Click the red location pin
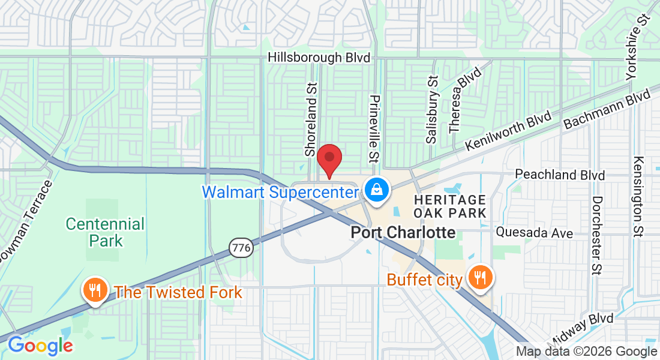[x=329, y=158]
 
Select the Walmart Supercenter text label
[x=281, y=192]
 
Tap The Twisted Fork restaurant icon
[x=95, y=291]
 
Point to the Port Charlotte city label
[x=403, y=232]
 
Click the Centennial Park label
[x=105, y=232]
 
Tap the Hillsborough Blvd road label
[x=319, y=58]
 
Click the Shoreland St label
[x=310, y=120]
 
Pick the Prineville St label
[x=374, y=128]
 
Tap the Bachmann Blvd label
[x=607, y=109]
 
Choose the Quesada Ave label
[x=535, y=233]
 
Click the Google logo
[x=40, y=346]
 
